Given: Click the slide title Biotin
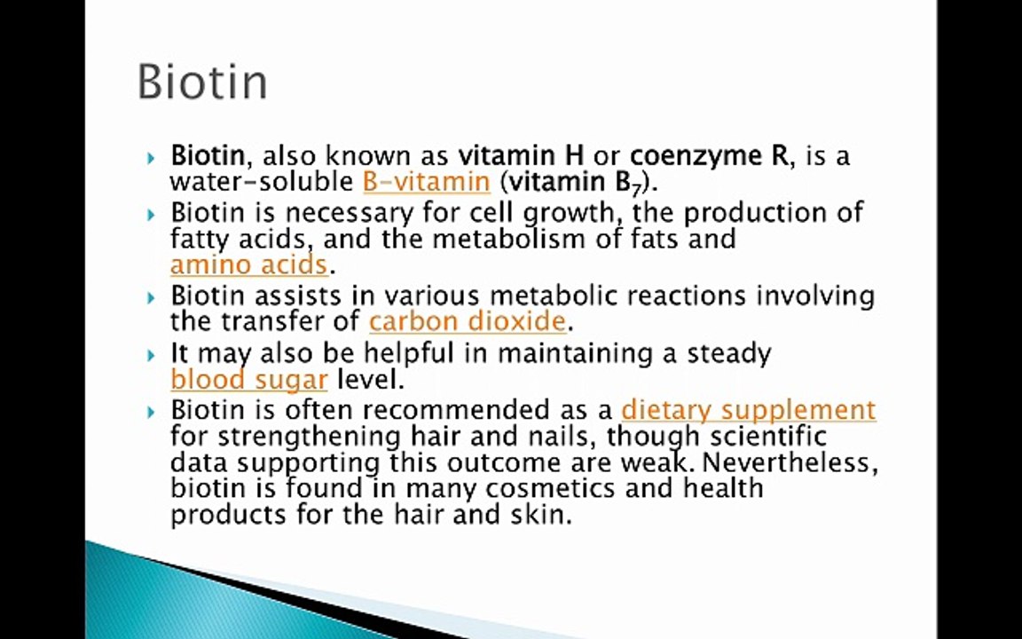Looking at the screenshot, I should click(x=202, y=82).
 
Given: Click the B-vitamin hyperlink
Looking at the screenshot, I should click(x=426, y=182).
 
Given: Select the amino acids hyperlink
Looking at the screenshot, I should click(x=248, y=264).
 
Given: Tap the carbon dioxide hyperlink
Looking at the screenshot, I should click(x=467, y=320).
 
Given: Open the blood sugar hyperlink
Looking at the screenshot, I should click(x=248, y=380).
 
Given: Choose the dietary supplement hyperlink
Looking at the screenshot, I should click(x=748, y=409).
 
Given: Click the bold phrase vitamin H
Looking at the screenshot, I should click(x=521, y=156).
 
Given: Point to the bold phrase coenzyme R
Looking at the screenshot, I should click(x=708, y=156).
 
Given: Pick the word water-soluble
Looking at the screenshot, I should click(x=262, y=182).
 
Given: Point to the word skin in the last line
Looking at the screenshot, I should click(x=546, y=514).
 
